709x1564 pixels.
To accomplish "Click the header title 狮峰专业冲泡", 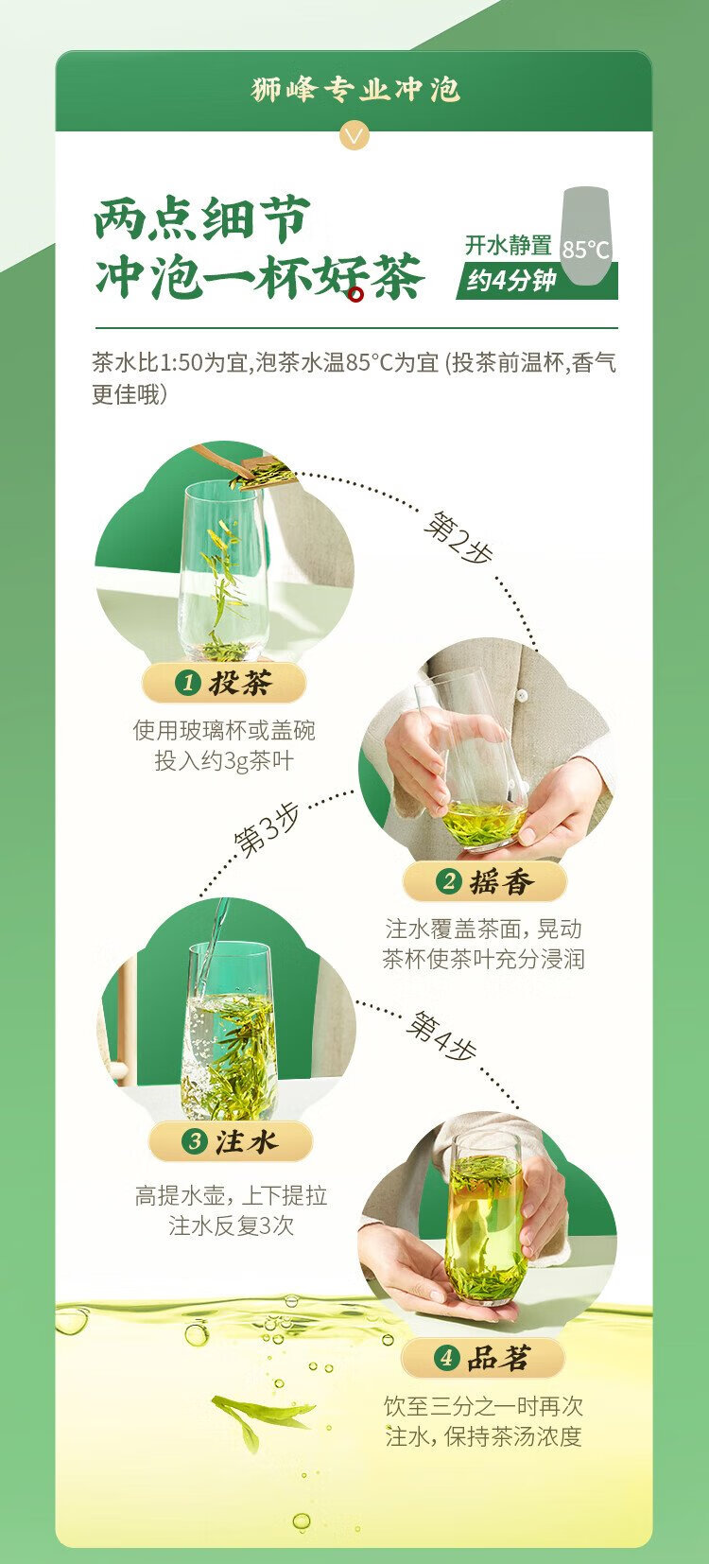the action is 355,90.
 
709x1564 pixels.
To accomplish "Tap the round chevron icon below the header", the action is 354,135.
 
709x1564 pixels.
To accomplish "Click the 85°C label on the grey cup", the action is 586,250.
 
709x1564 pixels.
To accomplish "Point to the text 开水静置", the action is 509,245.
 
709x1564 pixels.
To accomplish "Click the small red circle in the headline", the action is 356,295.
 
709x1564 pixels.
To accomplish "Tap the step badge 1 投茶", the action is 223,683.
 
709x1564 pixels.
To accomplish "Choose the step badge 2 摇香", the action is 485,881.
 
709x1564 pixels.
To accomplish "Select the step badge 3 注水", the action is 231,1142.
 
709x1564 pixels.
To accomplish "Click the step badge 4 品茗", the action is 482,1358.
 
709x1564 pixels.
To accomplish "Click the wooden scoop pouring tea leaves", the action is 244,465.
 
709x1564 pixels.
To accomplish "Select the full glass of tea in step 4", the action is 487,1221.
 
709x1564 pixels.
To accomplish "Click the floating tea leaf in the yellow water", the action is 262,1417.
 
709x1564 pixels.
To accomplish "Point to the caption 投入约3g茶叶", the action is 224,760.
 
